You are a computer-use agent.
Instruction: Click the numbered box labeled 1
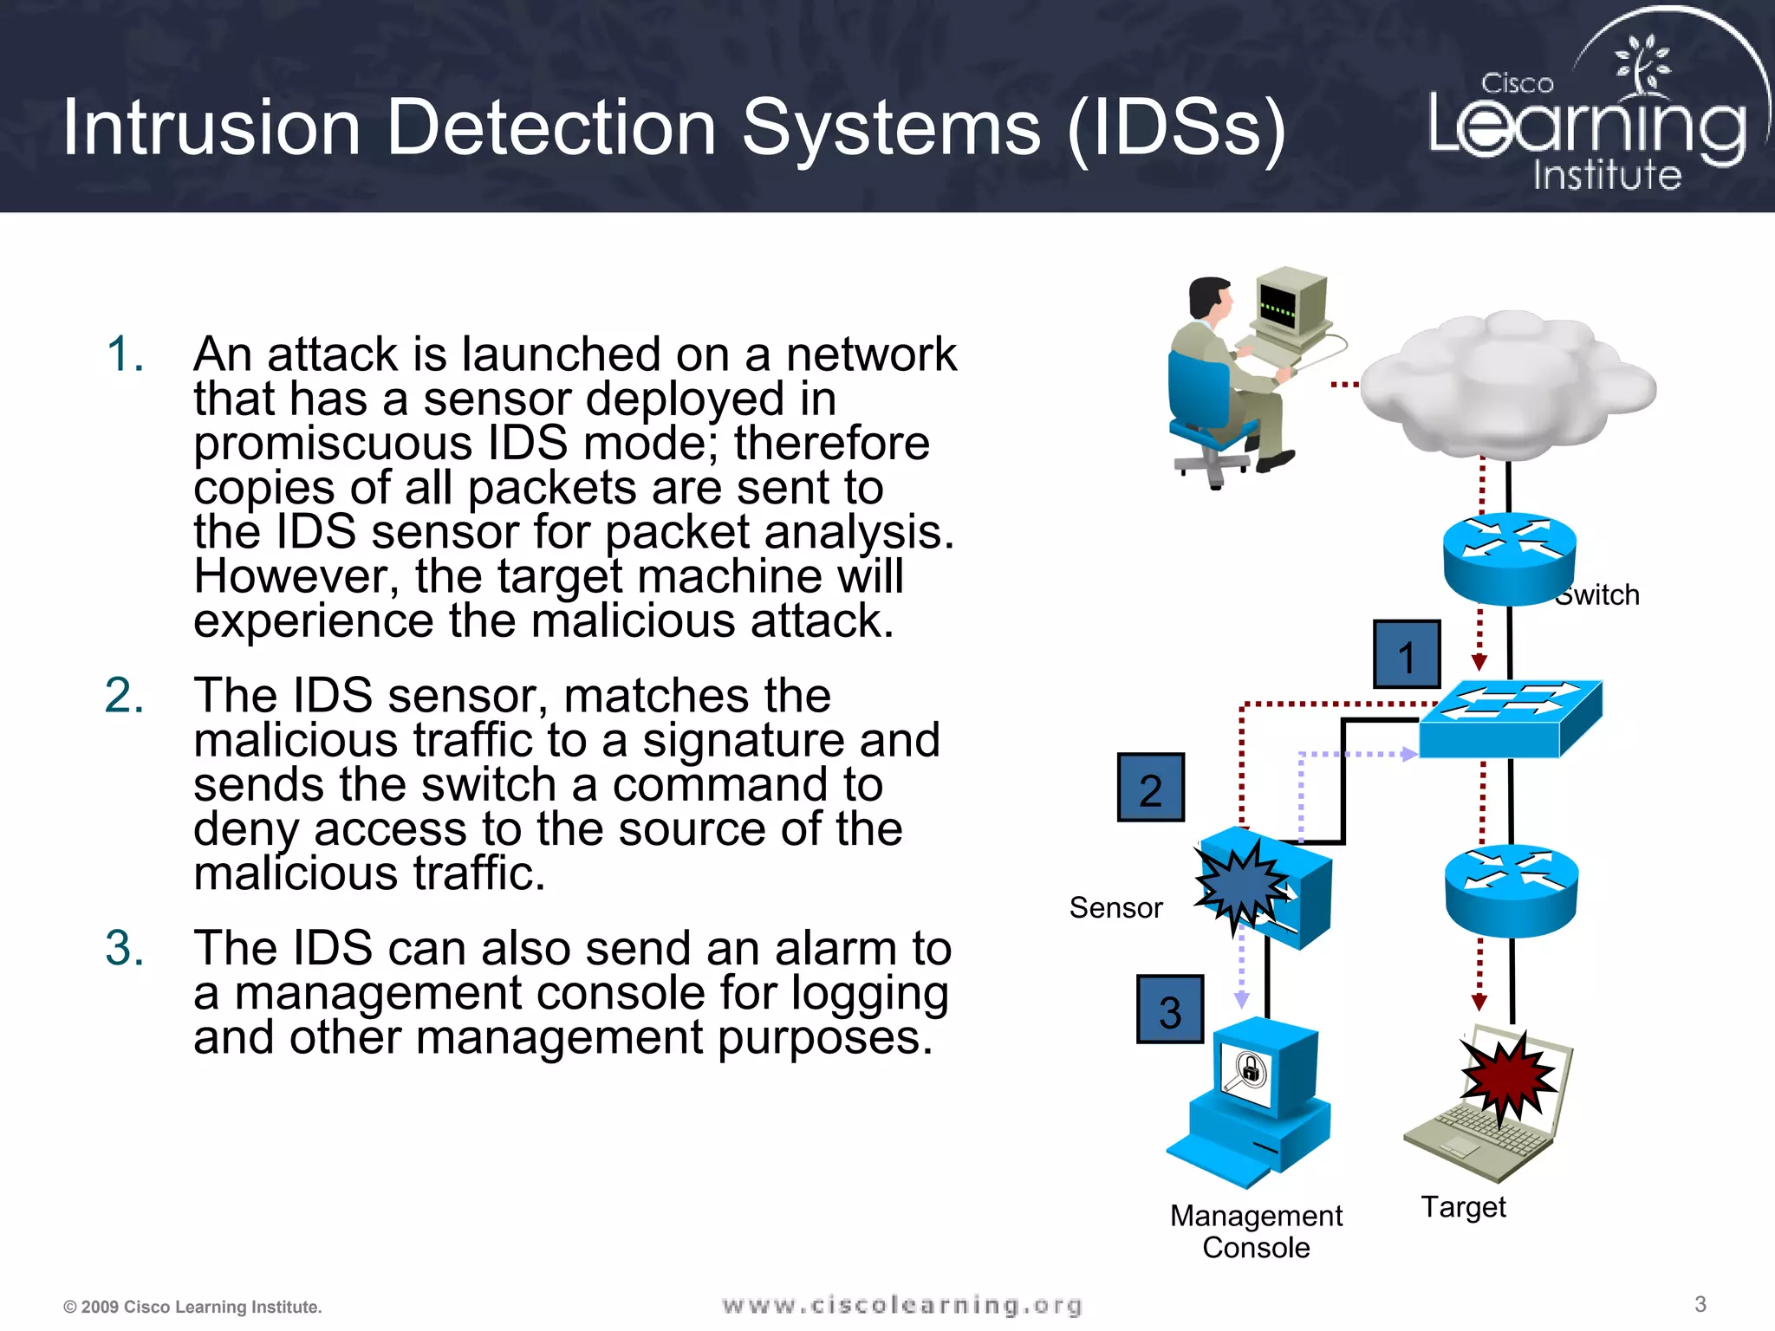[1407, 655]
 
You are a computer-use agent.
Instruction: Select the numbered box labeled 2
[1150, 788]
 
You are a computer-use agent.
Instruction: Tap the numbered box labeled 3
[1170, 1010]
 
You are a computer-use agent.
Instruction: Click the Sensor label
[1115, 907]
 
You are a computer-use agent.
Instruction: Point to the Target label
[1463, 1206]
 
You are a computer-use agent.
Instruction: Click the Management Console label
[1256, 1231]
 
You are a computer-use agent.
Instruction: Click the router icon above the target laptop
[1511, 890]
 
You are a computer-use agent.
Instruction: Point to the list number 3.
[124, 947]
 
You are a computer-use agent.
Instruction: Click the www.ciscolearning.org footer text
[901, 1305]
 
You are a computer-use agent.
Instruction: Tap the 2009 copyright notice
[192, 1307]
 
